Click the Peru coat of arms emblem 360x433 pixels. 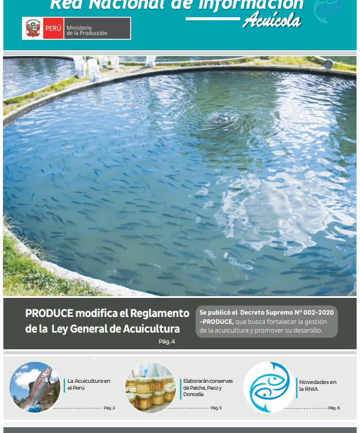click(x=32, y=28)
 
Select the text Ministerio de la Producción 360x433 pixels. click(x=87, y=30)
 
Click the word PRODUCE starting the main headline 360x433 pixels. click(x=49, y=313)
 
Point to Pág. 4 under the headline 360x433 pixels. click(x=166, y=341)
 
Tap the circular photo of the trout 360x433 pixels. click(x=35, y=387)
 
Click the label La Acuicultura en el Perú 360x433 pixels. click(x=88, y=384)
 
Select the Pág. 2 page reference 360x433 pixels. click(x=109, y=408)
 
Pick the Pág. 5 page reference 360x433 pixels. click(x=216, y=408)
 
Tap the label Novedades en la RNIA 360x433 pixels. click(x=317, y=386)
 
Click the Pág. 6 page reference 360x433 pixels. click(x=333, y=408)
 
